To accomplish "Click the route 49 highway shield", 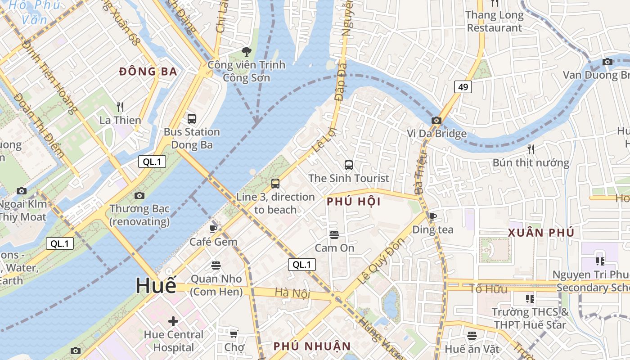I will tap(463, 87).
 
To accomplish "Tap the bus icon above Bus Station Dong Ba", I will tap(192, 119).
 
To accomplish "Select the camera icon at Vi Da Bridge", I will tap(436, 120).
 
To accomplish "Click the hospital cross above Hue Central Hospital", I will tap(173, 321).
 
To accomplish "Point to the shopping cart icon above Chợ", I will tap(234, 334).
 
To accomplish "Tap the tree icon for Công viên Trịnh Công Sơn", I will tap(246, 51).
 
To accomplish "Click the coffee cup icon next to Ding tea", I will tap(433, 216).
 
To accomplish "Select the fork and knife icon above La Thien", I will tap(120, 107).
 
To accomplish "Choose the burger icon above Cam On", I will tap(334, 234).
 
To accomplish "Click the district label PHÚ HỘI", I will tap(354, 202).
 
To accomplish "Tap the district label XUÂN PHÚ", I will tap(541, 233).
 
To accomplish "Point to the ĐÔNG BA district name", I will tap(148, 72).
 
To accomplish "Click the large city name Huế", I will tap(156, 286).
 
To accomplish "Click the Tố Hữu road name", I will tap(488, 288).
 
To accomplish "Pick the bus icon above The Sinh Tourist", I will tap(349, 165).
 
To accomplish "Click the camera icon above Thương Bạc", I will tap(139, 195).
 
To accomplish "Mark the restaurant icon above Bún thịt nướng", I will tap(531, 149).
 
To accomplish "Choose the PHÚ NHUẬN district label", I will tap(312, 346).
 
